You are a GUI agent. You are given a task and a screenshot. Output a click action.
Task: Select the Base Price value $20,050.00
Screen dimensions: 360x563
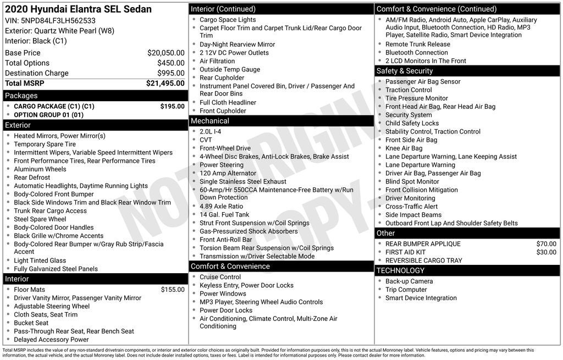click(165, 53)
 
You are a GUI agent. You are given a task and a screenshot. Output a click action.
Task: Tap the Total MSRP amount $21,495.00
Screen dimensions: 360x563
click(165, 84)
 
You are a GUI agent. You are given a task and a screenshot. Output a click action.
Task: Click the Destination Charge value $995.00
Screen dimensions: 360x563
click(170, 73)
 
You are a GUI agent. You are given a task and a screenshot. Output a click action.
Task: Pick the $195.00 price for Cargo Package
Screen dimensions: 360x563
click(172, 107)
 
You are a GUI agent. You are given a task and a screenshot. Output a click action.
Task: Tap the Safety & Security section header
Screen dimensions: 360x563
click(404, 71)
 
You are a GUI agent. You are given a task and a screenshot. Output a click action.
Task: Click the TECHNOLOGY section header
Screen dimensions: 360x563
click(400, 270)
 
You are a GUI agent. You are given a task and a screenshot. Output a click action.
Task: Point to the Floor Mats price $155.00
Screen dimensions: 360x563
click(173, 290)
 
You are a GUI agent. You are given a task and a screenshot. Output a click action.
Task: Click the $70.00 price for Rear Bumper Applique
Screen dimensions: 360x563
click(546, 244)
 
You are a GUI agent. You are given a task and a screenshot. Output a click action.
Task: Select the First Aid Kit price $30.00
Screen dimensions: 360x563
click(546, 252)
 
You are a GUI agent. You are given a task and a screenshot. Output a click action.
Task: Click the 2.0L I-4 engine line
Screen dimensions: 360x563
click(211, 132)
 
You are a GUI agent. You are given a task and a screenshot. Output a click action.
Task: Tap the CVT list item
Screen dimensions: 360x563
click(206, 140)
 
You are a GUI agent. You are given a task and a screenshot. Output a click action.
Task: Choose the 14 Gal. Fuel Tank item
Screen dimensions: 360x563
click(224, 215)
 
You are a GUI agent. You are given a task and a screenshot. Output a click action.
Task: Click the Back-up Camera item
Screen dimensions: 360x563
click(409, 281)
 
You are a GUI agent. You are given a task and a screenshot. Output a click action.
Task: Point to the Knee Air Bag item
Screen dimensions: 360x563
click(404, 148)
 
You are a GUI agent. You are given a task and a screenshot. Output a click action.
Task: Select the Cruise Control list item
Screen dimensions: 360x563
click(220, 278)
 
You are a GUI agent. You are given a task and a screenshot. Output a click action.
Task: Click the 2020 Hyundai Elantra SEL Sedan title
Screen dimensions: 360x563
click(78, 9)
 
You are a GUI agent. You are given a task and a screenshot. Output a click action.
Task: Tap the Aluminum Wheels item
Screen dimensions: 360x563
click(40, 169)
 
